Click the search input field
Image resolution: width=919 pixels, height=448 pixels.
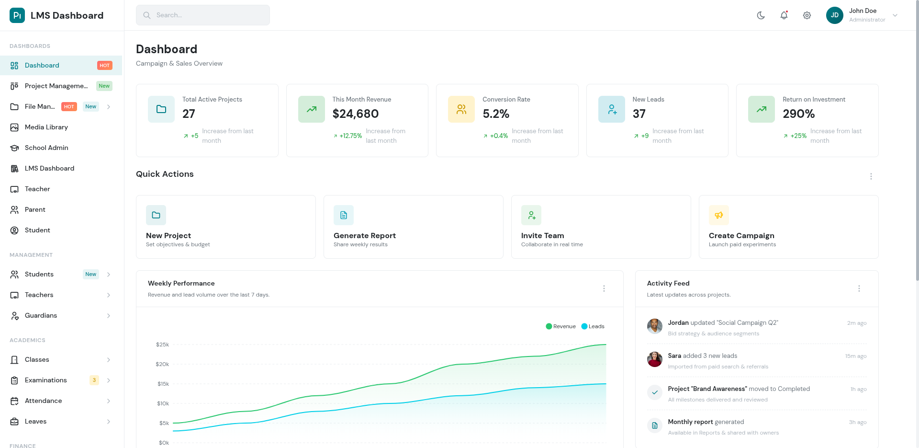203,15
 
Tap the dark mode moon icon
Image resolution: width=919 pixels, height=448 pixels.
761,15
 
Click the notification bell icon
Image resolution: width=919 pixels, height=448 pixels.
784,15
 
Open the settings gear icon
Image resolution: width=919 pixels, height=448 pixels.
807,15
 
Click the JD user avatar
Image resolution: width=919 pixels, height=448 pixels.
834,15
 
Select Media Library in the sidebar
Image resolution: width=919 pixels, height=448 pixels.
46,127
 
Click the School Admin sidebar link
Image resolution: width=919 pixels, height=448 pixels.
46,148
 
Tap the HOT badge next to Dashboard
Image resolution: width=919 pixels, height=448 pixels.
104,66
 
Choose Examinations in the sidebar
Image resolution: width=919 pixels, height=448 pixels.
45,380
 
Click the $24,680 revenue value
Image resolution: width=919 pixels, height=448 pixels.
355,114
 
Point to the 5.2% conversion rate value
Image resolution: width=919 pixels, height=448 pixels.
496,114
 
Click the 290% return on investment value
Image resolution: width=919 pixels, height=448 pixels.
798,114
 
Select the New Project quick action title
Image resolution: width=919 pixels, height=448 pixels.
168,236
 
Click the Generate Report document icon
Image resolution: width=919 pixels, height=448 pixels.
344,215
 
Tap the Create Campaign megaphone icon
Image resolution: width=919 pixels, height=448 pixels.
719,215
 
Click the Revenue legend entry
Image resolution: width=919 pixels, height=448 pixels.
561,326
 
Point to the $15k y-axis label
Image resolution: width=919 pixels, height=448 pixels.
163,384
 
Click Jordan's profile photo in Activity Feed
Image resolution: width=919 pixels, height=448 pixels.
654,326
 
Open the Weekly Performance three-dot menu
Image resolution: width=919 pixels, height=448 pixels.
604,288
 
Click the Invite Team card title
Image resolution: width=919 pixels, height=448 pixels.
542,236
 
